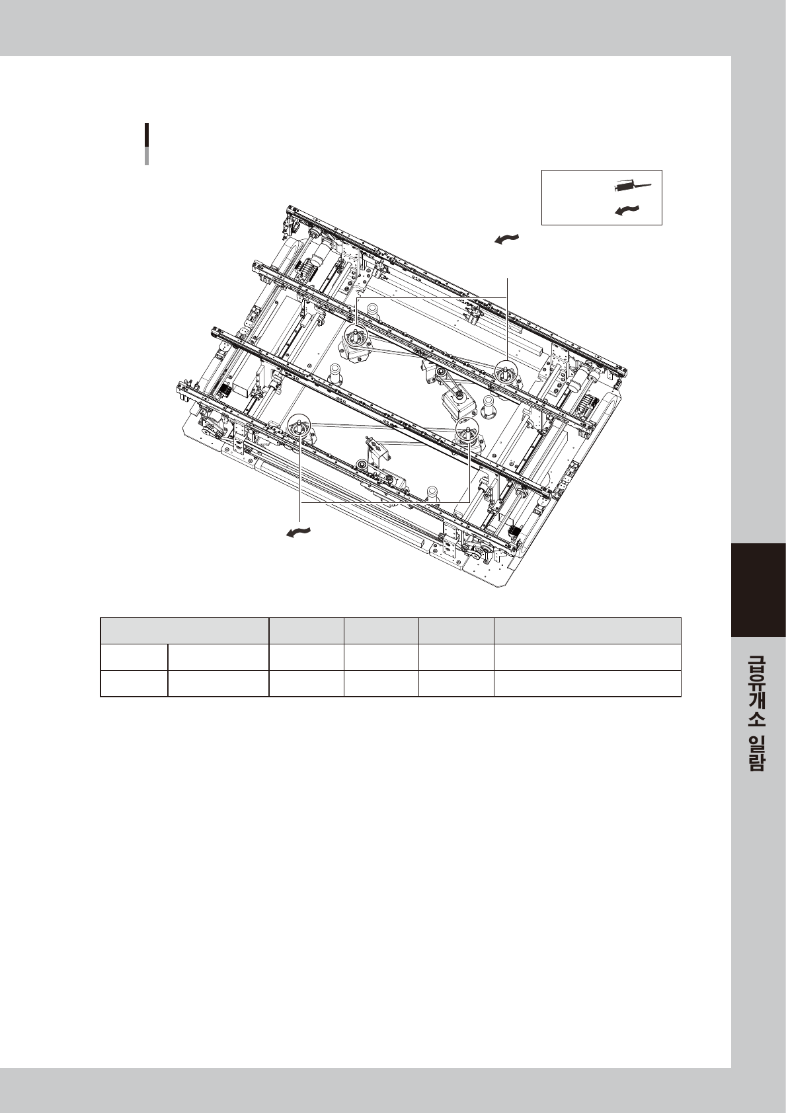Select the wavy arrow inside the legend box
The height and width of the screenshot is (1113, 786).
tap(627, 210)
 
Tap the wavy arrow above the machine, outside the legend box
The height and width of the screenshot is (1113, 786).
tap(507, 239)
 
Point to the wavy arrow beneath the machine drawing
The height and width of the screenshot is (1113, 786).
tap(299, 532)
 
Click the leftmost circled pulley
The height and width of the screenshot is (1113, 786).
tap(299, 426)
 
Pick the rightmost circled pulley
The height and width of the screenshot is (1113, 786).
tap(506, 371)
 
